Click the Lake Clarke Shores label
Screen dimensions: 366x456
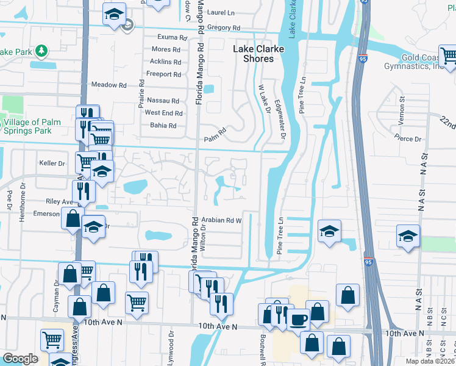click(x=253, y=54)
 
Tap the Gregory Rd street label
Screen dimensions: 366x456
click(x=224, y=27)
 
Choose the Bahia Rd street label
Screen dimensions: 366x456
click(x=163, y=126)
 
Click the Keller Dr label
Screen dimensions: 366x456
click(x=52, y=163)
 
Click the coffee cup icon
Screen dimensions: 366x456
click(x=298, y=319)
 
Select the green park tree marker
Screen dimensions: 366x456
click(x=41, y=50)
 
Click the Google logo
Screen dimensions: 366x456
click(x=20, y=358)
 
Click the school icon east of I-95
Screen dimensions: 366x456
click(x=408, y=236)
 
